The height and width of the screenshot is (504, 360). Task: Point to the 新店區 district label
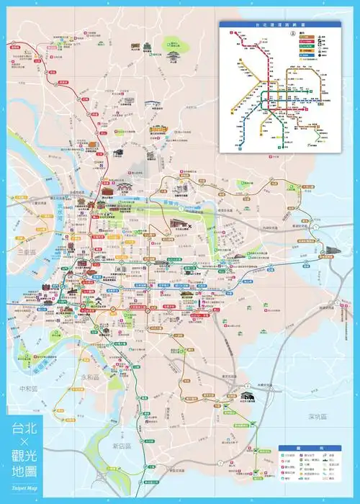click(x=125, y=446)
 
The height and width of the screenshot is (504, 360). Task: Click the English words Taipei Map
click(x=22, y=488)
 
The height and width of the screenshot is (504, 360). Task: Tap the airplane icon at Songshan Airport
click(x=188, y=228)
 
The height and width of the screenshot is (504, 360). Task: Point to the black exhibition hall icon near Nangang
click(x=331, y=251)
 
